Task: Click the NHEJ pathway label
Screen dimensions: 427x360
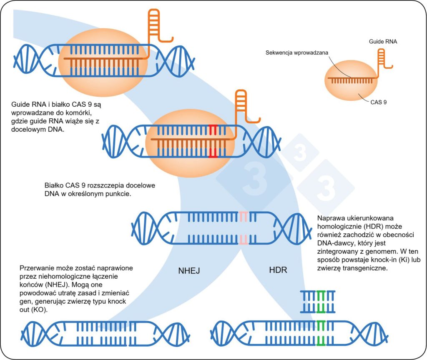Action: click(189, 271)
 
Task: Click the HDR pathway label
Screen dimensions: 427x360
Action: click(278, 270)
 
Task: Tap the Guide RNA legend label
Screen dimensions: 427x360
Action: click(383, 42)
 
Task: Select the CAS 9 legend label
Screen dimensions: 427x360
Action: click(379, 102)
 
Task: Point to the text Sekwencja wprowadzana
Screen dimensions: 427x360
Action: click(297, 53)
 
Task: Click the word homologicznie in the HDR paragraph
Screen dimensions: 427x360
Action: click(337, 227)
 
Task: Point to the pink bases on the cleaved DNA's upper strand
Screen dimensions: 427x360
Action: click(243, 217)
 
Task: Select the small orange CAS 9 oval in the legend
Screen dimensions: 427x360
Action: click(351, 80)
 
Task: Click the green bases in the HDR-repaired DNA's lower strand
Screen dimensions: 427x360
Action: click(321, 341)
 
